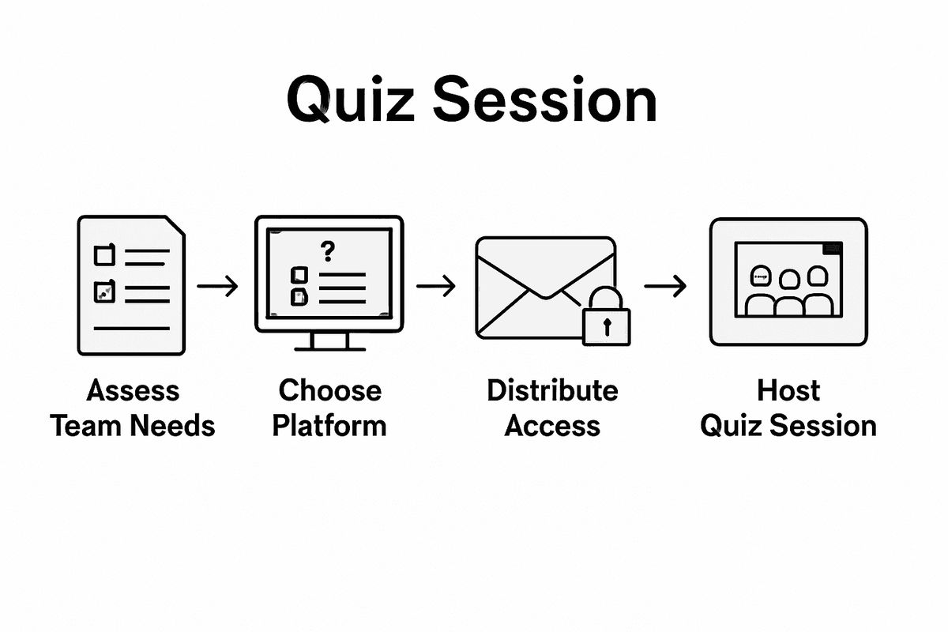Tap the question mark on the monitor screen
(x=328, y=252)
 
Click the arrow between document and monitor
(x=217, y=286)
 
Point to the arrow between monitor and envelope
(x=435, y=286)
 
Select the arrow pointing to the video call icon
(x=664, y=286)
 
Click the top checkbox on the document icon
(x=104, y=255)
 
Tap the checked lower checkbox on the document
(x=104, y=292)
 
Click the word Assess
(x=133, y=390)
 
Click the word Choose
(x=329, y=390)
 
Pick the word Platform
(x=329, y=426)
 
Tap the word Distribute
(x=552, y=390)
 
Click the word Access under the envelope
(x=552, y=426)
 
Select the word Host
(x=788, y=390)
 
